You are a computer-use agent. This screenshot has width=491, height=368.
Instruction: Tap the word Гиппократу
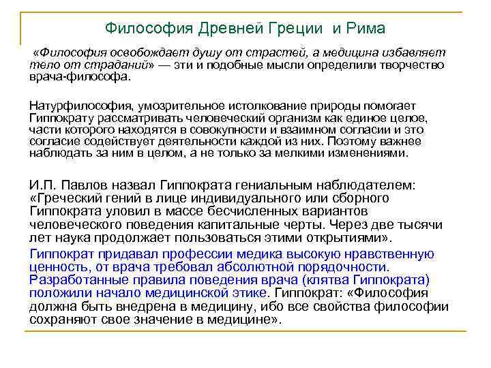(60, 119)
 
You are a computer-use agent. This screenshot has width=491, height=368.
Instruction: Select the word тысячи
(417, 224)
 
